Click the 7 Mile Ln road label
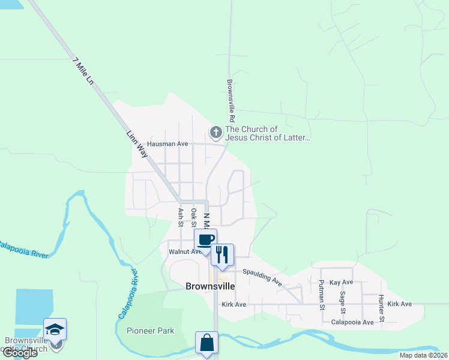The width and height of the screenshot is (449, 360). click(x=83, y=71)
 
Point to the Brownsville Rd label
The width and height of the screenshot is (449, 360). click(x=230, y=98)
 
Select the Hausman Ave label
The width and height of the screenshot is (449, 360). click(x=167, y=144)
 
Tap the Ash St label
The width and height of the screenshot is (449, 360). click(x=180, y=217)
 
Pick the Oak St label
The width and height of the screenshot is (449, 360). click(x=193, y=216)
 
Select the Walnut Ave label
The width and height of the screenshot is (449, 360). click(x=185, y=252)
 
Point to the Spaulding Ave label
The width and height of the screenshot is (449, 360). click(x=262, y=276)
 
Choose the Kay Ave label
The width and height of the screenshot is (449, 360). click(x=342, y=282)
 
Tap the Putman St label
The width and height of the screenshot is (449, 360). click(x=322, y=295)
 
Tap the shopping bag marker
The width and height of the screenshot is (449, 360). click(x=206, y=343)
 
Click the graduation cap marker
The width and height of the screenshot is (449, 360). click(x=55, y=329)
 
